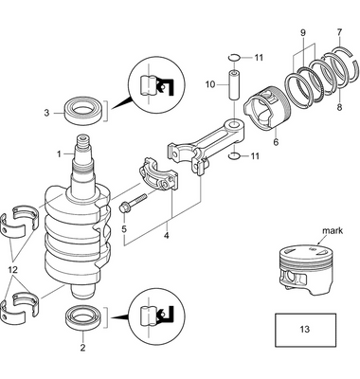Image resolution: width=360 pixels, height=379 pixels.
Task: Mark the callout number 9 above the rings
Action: [x=303, y=34]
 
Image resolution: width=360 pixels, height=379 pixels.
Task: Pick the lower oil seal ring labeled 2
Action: [x=83, y=317]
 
